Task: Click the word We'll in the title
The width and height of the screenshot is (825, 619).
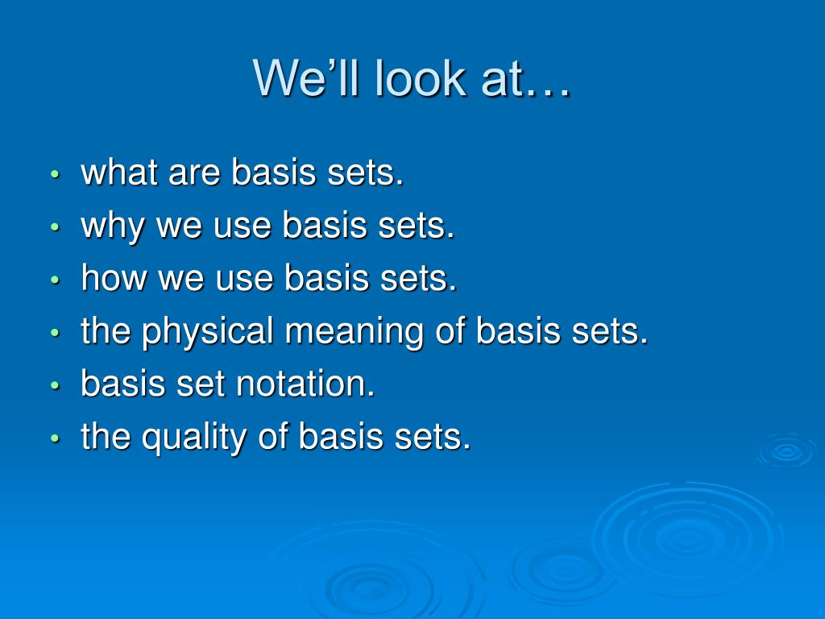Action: (305, 78)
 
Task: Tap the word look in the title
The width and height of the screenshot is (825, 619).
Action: (421, 78)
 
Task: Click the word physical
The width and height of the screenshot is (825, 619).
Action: (208, 331)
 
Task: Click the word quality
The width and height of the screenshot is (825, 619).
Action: (194, 437)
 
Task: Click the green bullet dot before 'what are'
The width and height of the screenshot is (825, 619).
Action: (56, 173)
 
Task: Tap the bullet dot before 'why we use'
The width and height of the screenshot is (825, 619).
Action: (56, 226)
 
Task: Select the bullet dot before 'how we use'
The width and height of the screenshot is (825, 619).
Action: (56, 279)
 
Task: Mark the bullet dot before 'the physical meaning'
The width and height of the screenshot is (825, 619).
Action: (56, 332)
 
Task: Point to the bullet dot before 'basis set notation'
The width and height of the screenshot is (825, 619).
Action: (56, 384)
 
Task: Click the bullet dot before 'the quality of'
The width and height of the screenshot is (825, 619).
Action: (56, 438)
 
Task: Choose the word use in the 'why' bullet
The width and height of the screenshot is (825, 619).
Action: (242, 228)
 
